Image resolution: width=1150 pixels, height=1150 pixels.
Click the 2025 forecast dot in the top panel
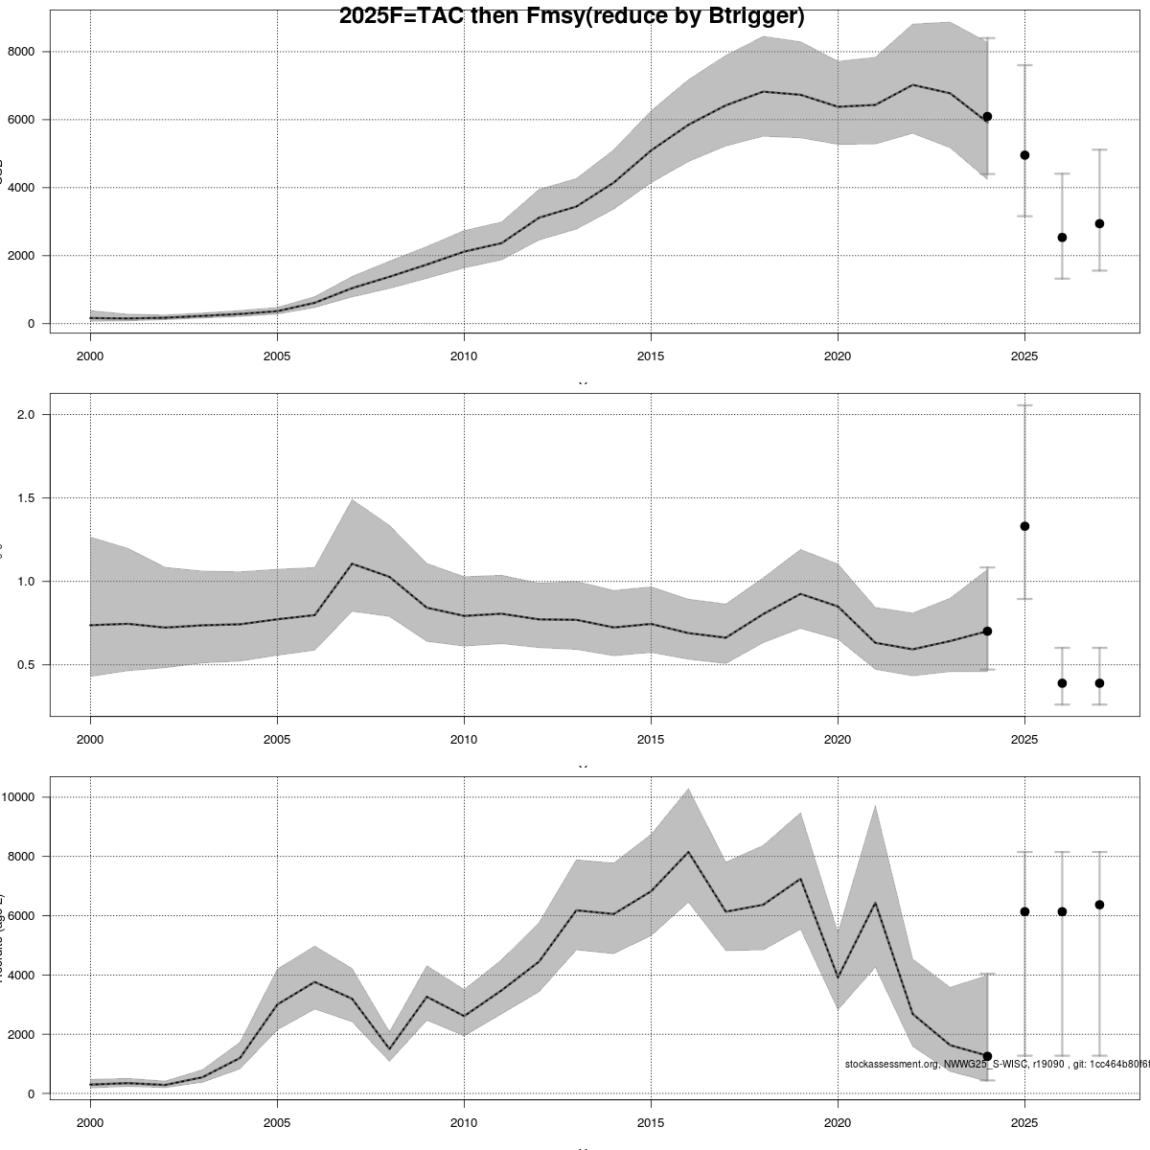coord(1024,155)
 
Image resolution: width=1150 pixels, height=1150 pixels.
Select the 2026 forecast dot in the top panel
coord(1062,238)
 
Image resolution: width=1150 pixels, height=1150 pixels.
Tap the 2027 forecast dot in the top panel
coord(1099,223)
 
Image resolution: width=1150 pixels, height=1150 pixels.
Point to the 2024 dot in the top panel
coord(987,116)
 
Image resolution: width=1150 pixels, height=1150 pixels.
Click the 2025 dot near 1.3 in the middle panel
coord(1024,526)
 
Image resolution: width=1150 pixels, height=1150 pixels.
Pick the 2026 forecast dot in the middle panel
coord(1062,683)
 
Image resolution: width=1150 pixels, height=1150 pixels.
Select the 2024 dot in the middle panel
coord(987,631)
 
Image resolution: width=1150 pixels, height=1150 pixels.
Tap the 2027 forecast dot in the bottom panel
coord(1099,905)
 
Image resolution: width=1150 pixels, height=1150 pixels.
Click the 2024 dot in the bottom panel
coord(987,1056)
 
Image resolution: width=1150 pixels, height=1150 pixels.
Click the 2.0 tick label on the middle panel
coord(26,415)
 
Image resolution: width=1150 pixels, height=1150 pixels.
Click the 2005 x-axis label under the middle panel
coord(277,740)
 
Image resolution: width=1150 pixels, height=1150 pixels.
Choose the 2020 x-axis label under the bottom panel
coord(838,1122)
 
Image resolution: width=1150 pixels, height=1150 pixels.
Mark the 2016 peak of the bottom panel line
coord(688,852)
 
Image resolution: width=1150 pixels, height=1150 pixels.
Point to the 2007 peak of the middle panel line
coord(352,563)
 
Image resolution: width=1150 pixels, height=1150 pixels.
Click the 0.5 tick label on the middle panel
coord(26,665)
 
